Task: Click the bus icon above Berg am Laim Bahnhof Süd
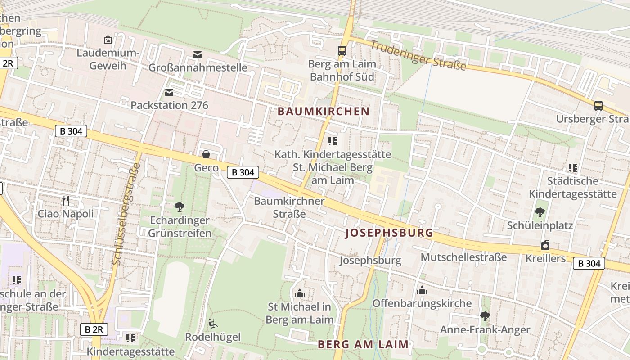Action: coord(342,51)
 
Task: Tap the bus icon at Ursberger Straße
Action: coord(598,106)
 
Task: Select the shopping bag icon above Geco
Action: coord(206,155)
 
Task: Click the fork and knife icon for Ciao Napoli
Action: coord(66,200)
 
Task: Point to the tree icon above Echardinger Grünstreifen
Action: coord(180,207)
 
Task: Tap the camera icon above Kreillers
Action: coord(545,245)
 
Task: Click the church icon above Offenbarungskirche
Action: coord(422,290)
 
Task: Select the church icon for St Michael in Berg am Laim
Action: coord(300,294)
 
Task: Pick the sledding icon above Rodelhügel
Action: coord(213,323)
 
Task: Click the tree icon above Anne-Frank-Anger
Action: coord(485,316)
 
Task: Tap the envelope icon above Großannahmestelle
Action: coord(198,55)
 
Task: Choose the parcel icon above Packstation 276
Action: coord(169,93)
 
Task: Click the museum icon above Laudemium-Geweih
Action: coord(108,40)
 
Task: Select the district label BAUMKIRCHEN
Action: coord(324,112)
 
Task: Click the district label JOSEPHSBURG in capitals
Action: coord(389,233)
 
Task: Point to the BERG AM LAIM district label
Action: coord(363,344)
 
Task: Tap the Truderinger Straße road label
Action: coord(418,55)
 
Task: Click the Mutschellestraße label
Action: coord(463,257)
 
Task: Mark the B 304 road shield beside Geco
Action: coord(243,172)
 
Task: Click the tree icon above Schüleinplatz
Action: coord(540,212)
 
